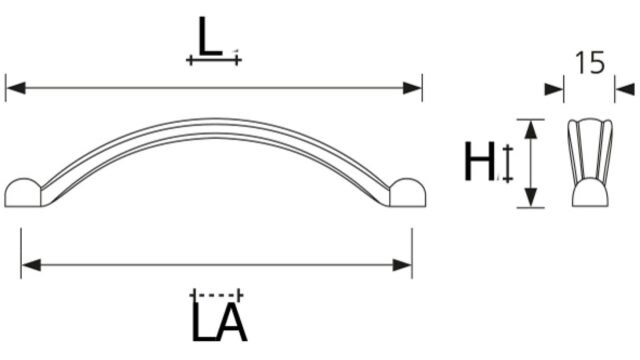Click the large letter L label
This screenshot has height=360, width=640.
(209, 36)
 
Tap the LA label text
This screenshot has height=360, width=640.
(219, 322)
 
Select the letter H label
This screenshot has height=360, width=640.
(480, 161)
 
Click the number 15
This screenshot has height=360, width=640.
(589, 62)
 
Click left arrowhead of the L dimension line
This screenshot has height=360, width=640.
(16, 88)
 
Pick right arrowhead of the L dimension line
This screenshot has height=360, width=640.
(411, 88)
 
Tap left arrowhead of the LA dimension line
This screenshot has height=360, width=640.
(31, 265)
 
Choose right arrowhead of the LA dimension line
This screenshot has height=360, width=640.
(402, 265)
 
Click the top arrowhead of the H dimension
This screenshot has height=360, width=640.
(531, 129)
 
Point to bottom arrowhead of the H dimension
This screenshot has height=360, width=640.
(531, 198)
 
